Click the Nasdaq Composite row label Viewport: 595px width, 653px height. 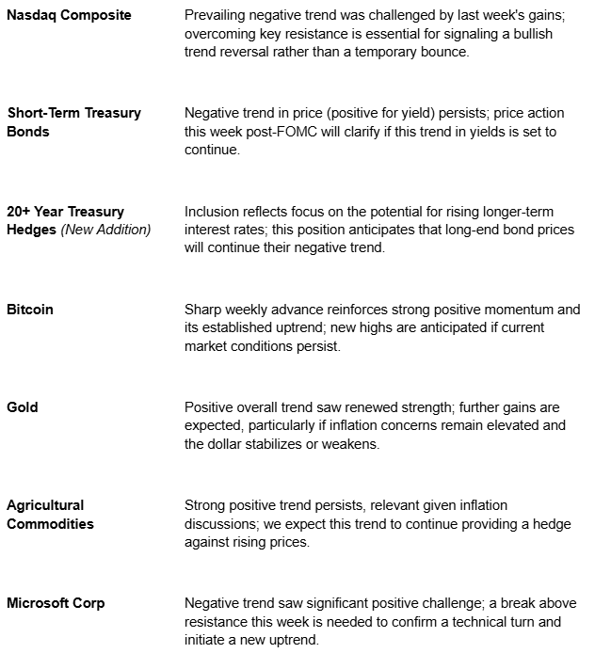[x=70, y=16]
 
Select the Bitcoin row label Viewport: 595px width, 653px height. [x=29, y=310]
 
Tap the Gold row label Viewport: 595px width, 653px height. [x=24, y=407]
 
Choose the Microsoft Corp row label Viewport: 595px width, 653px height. [x=56, y=603]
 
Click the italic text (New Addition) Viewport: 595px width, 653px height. [x=106, y=230]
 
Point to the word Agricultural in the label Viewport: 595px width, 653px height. [x=45, y=505]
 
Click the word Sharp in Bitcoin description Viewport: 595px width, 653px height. [x=203, y=310]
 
